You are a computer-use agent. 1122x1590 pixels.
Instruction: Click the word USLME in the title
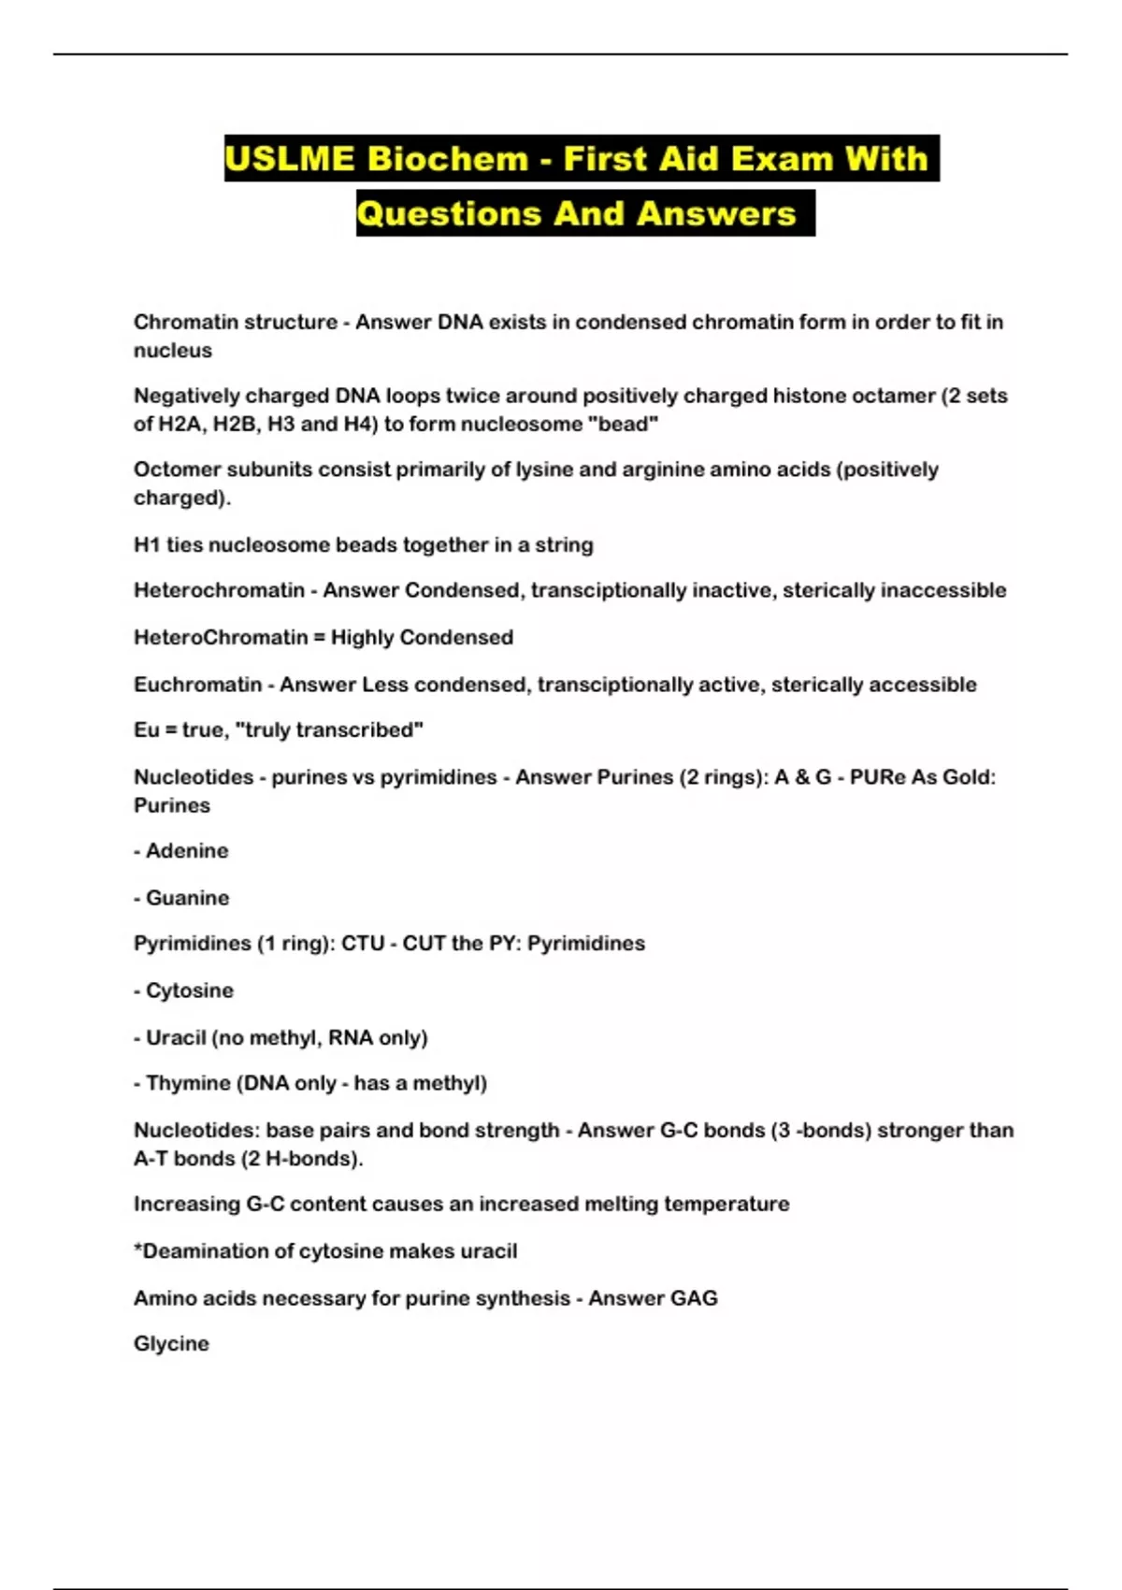click(290, 158)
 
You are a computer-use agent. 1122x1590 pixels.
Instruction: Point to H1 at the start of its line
click(147, 544)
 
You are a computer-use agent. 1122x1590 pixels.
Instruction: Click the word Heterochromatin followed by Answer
click(219, 590)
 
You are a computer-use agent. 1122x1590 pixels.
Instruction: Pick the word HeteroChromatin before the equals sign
click(221, 637)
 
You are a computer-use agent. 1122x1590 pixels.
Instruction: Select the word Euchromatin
click(197, 684)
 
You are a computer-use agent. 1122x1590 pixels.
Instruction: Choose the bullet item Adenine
click(187, 850)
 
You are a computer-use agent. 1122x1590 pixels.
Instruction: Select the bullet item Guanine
click(187, 897)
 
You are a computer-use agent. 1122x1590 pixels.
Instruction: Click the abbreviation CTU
click(363, 943)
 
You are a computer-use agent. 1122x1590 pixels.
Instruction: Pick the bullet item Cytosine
click(190, 990)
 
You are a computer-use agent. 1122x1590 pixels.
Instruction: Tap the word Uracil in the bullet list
click(176, 1037)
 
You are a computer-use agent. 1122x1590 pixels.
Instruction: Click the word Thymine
click(188, 1082)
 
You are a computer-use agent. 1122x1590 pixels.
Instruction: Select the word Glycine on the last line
click(171, 1343)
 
